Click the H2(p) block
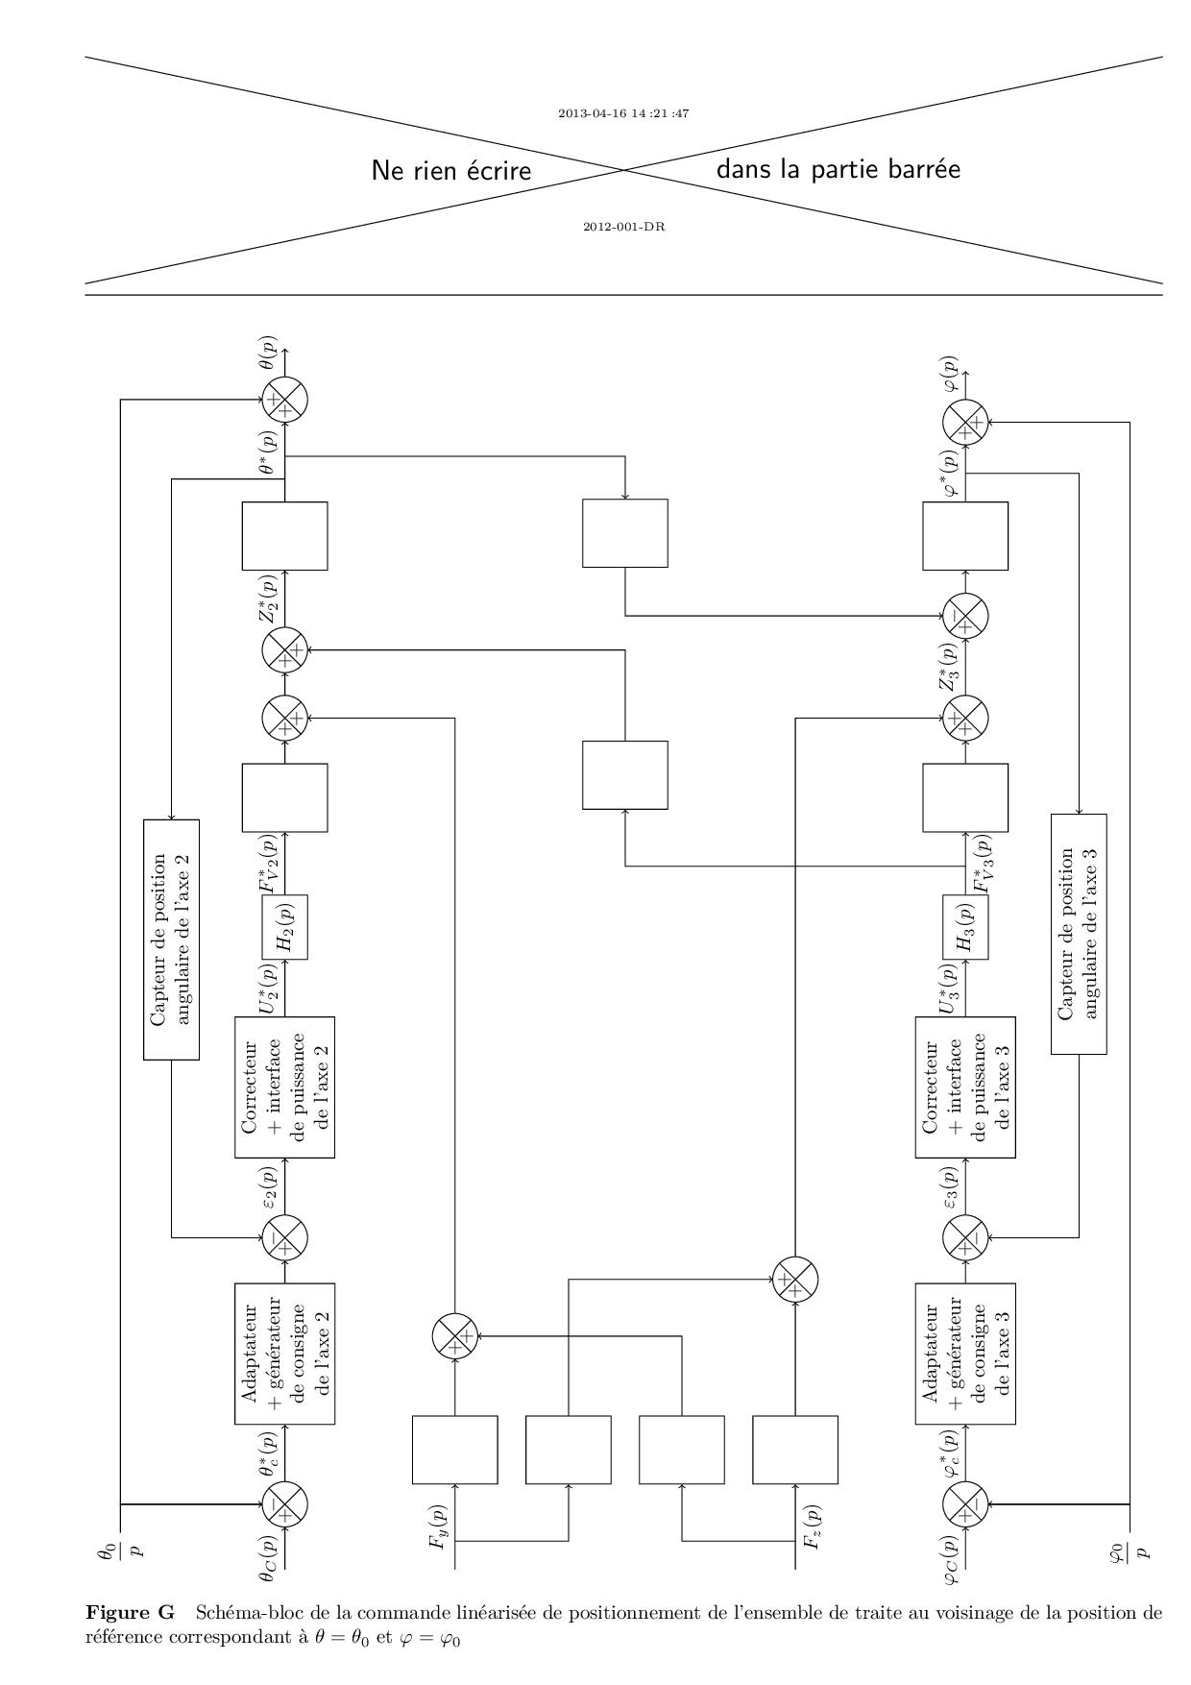285,927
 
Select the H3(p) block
965,927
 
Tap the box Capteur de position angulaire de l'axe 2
171,940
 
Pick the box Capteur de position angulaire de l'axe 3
1079,934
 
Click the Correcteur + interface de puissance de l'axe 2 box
285,1087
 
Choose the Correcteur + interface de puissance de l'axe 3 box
965,1087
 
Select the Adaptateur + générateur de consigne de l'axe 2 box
285,1354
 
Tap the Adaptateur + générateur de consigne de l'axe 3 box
965,1354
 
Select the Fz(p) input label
812,1526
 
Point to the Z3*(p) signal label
949,666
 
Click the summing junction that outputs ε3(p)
965,1237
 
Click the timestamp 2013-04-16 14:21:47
624,113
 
